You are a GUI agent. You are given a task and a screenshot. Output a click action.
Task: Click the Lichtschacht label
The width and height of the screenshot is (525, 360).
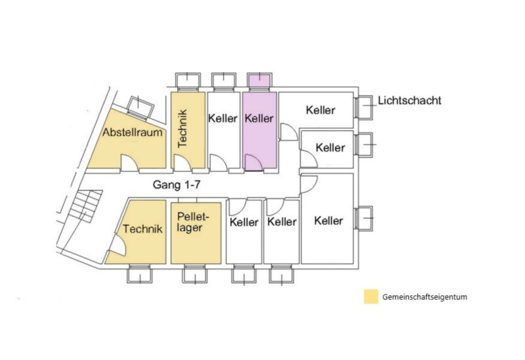[x=409, y=100]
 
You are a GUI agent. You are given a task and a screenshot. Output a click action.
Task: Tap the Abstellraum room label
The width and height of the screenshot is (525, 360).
[x=133, y=132]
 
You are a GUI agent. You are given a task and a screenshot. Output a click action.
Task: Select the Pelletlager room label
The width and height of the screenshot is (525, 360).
[x=193, y=222]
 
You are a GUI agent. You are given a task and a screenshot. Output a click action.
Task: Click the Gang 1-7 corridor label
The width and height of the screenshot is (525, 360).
[x=177, y=184]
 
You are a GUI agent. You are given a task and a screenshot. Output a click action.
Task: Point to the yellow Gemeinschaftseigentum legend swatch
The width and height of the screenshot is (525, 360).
[x=371, y=296]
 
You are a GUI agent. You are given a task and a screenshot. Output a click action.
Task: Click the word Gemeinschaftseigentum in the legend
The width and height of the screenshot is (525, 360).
[x=425, y=297]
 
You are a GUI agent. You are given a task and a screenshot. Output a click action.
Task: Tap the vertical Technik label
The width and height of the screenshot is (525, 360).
[x=182, y=129]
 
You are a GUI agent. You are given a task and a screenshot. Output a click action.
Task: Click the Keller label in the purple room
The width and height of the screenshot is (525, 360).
[x=259, y=118]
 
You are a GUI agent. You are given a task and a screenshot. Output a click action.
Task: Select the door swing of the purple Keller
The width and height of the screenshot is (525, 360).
[x=254, y=163]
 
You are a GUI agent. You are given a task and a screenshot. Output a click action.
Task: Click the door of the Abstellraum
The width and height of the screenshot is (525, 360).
[x=129, y=163]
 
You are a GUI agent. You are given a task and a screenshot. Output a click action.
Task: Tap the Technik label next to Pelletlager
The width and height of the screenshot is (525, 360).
[x=142, y=229]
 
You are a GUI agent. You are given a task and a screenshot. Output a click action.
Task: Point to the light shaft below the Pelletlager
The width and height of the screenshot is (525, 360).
[x=195, y=274]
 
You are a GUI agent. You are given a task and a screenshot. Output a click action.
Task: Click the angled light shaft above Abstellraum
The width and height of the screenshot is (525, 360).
[x=141, y=108]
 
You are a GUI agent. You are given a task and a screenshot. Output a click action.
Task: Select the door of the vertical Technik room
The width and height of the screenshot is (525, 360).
[x=183, y=163]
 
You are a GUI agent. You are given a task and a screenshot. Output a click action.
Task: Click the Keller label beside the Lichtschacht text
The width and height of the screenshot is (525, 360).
[x=320, y=110]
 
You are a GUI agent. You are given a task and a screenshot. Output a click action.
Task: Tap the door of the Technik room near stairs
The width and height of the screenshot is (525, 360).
[x=117, y=245]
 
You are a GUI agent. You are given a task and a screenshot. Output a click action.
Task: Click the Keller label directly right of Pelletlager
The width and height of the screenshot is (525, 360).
[x=244, y=222]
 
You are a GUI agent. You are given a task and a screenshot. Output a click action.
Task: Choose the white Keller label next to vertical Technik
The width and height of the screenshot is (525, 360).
[x=222, y=118]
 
